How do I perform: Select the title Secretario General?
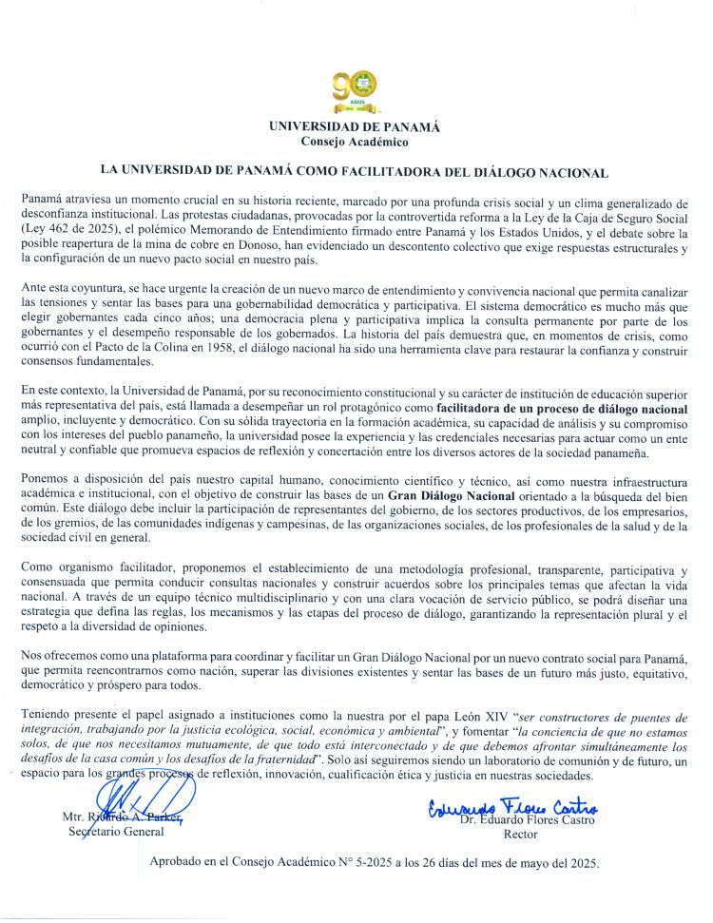pyautogui.click(x=116, y=832)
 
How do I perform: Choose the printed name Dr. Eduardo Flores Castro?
pyautogui.click(x=528, y=818)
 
